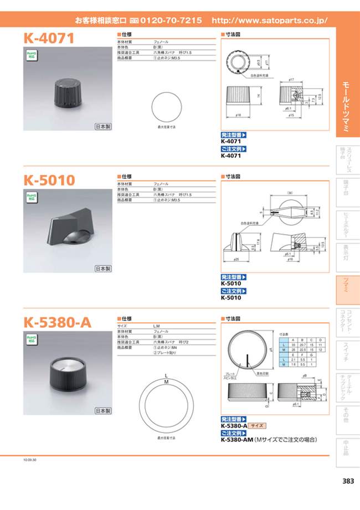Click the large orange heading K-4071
[49, 38]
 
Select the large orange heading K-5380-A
[58, 322]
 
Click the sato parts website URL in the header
[270, 20]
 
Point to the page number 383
[348, 481]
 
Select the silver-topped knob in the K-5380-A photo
[68, 373]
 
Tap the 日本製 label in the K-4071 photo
[103, 126]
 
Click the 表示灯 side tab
[347, 253]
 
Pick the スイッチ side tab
[347, 352]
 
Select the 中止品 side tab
[347, 447]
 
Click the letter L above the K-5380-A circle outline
[166, 375]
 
